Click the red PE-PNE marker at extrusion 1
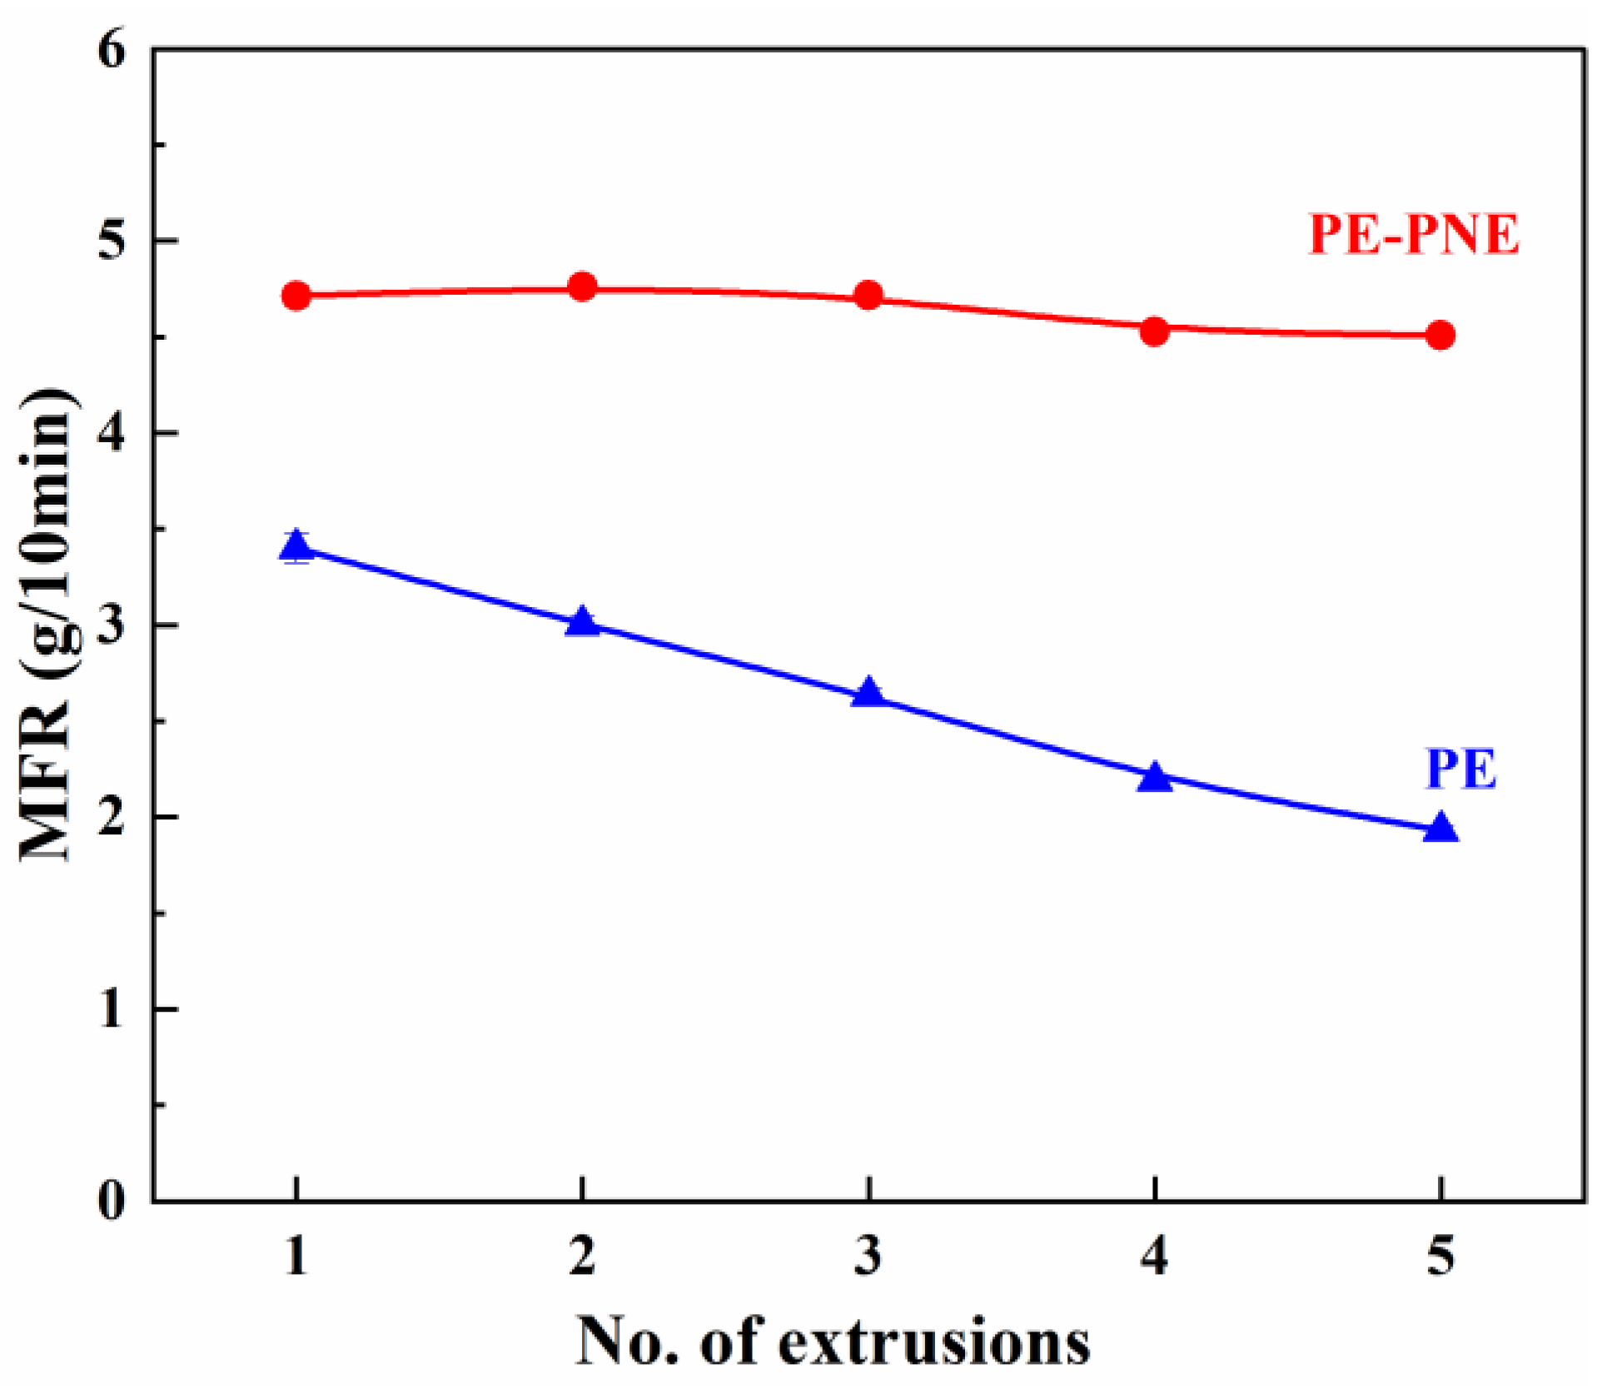(296, 295)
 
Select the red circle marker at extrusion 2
(583, 286)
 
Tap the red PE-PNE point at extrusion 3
(868, 295)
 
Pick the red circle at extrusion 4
(1154, 331)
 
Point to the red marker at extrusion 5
(1440, 335)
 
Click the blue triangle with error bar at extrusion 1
(296, 547)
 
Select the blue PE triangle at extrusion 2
(583, 622)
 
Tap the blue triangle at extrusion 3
(868, 693)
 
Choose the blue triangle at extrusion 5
(1440, 829)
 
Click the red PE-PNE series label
(1414, 234)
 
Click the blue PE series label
(1461, 768)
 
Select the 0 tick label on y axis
(112, 1200)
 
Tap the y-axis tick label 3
(112, 625)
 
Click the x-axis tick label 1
(296, 1255)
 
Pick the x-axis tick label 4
(1154, 1255)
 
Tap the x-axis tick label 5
(1440, 1255)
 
